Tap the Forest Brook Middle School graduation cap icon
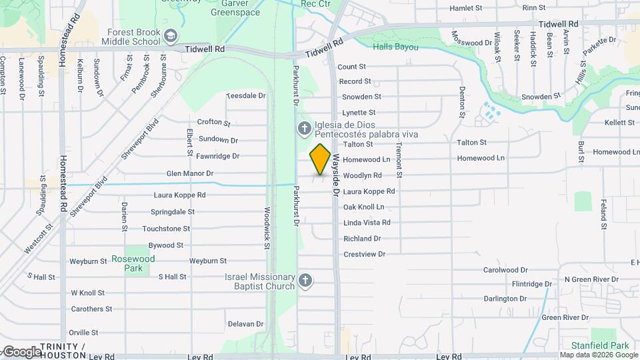[x=171, y=35]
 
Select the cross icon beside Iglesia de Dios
[x=304, y=129]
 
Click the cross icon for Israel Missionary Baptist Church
[x=305, y=281]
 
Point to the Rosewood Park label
[x=133, y=263]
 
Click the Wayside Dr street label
[x=337, y=175]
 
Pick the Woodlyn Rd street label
[x=362, y=175]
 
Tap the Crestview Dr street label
[x=364, y=254]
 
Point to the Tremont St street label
[x=399, y=159]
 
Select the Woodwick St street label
[x=267, y=227]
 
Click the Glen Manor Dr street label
[x=190, y=173]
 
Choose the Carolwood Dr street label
[x=505, y=270]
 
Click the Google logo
[x=21, y=351]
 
